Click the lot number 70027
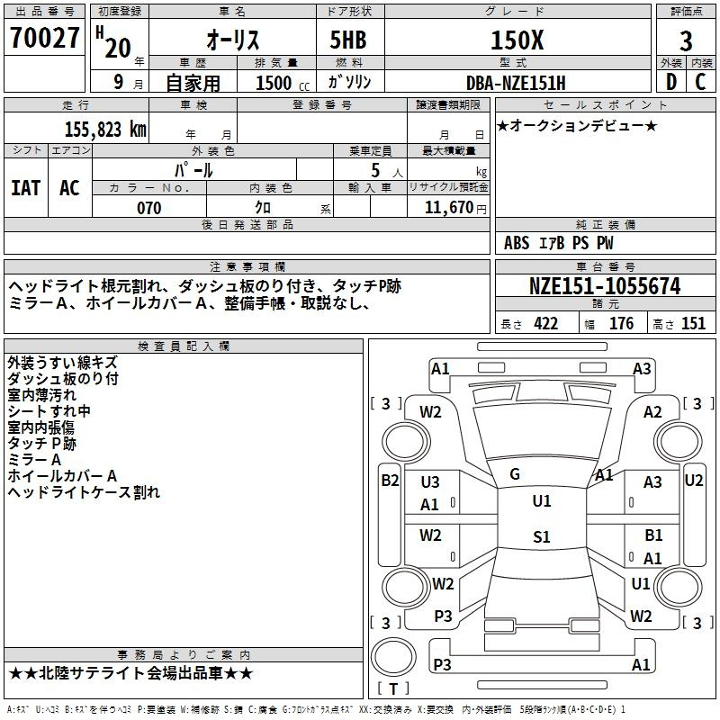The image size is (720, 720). pyautogui.click(x=44, y=38)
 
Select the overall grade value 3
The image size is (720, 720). pyautogui.click(x=686, y=41)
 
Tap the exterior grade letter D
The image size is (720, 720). pyautogui.click(x=671, y=82)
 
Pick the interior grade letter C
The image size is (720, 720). pyautogui.click(x=700, y=82)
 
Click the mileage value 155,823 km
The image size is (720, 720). pyautogui.click(x=105, y=130)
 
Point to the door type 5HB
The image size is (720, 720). pyautogui.click(x=348, y=40)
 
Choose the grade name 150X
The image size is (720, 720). pyautogui.click(x=517, y=40)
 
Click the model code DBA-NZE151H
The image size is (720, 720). pyautogui.click(x=516, y=83)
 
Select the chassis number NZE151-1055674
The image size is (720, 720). pyautogui.click(x=605, y=286)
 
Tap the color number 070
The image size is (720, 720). pyautogui.click(x=149, y=208)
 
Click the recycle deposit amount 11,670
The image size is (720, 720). pyautogui.click(x=449, y=208)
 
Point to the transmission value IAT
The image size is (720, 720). pyautogui.click(x=25, y=188)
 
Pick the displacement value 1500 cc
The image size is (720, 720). pyautogui.click(x=283, y=83)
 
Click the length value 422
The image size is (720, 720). pyautogui.click(x=546, y=324)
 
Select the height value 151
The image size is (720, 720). pyautogui.click(x=693, y=324)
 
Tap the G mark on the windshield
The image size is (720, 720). pyautogui.click(x=515, y=474)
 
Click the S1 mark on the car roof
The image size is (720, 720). pyautogui.click(x=542, y=536)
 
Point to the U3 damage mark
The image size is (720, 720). pyautogui.click(x=430, y=482)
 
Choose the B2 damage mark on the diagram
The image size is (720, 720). pyautogui.click(x=390, y=481)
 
